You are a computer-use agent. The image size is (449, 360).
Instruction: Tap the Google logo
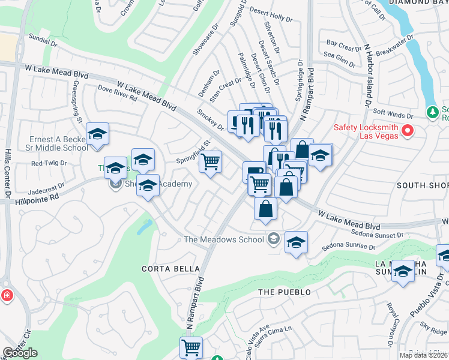[20, 353]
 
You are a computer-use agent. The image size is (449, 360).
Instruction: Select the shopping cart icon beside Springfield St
[211, 161]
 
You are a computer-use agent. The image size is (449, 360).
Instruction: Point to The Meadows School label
[224, 239]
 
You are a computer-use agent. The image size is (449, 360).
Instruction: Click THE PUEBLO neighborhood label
[285, 292]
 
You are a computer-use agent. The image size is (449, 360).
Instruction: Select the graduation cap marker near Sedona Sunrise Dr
[296, 242]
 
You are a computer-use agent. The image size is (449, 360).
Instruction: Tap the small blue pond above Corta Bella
[144, 226]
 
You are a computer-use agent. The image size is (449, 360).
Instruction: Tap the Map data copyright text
[423, 355]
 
